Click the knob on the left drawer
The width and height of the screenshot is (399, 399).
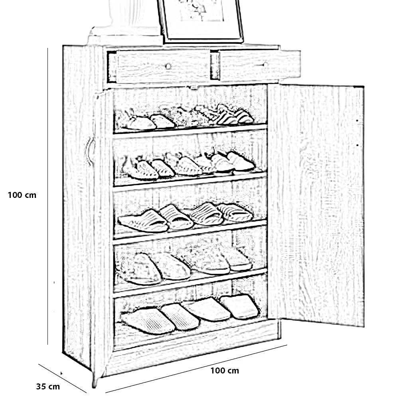point(168,66)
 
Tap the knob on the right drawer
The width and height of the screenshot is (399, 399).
point(264,64)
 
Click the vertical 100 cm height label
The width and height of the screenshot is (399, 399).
point(22,195)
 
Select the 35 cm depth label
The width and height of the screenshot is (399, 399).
point(48,386)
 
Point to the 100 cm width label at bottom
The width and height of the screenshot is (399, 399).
point(225,371)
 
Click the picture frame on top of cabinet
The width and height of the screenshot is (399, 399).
point(200,20)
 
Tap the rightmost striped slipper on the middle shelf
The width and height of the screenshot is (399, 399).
point(235,213)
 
